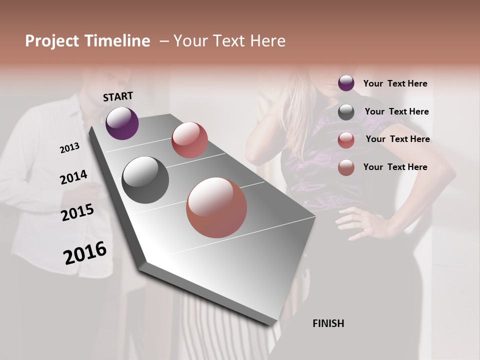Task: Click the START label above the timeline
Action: point(118,96)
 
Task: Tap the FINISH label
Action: point(328,323)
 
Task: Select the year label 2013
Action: point(69,148)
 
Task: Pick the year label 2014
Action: point(73,177)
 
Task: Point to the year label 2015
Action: point(77,212)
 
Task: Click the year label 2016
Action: point(85,253)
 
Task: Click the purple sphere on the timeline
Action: point(122,123)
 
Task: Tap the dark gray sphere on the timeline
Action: point(145,180)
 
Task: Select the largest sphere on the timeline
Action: point(216,207)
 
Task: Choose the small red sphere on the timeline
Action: point(189,140)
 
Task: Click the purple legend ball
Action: point(346,83)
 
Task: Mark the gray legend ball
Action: point(346,112)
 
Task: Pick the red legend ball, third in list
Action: point(346,140)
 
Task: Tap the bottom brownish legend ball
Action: point(346,167)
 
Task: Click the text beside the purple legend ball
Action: point(395,84)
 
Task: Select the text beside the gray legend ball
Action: point(396,111)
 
